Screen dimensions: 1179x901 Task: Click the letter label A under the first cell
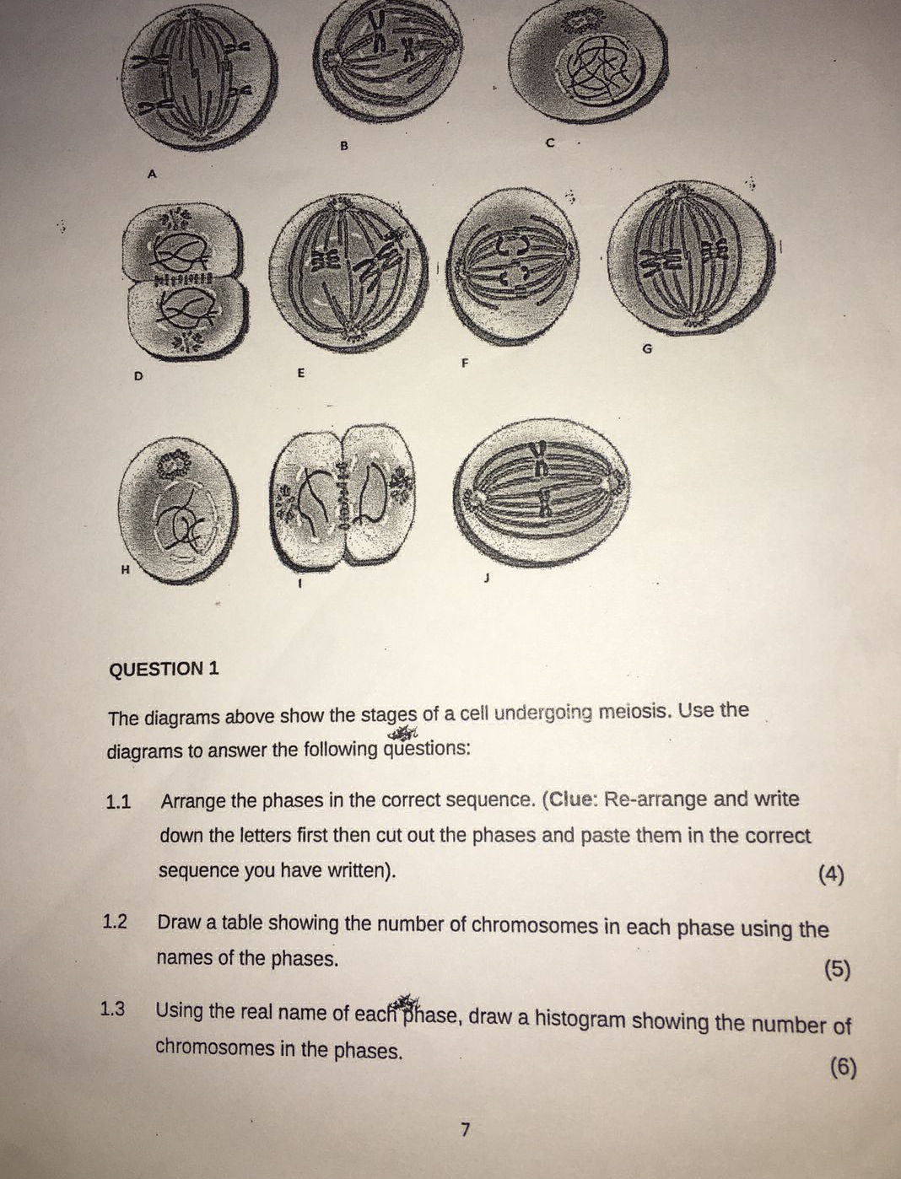[x=152, y=173]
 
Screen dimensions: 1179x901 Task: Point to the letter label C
[x=549, y=143]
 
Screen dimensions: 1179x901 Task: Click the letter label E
[x=300, y=371]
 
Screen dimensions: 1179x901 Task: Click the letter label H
[x=125, y=569]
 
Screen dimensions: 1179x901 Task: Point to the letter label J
[x=486, y=579]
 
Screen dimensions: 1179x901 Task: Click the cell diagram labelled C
[x=589, y=64]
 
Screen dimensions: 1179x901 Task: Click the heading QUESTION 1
[x=165, y=669]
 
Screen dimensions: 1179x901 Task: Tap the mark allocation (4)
[x=831, y=875]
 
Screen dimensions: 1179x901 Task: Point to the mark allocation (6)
[x=843, y=1068]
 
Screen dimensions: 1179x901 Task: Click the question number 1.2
[x=115, y=922]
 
